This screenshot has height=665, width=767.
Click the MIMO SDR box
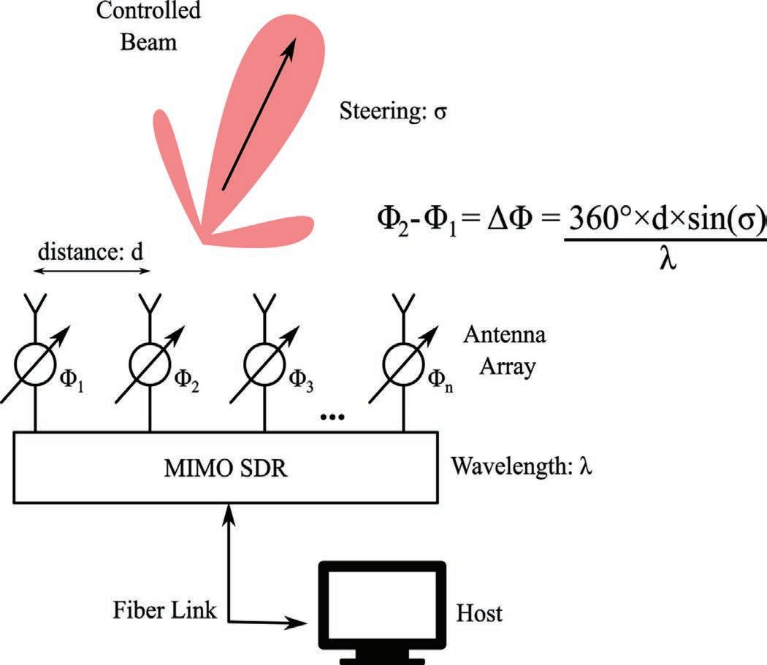click(226, 466)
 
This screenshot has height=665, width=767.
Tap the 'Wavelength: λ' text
click(521, 466)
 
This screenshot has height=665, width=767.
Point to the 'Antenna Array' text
click(505, 350)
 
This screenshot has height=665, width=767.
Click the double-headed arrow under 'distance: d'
click(92, 272)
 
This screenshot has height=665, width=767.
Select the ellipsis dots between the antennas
click(332, 417)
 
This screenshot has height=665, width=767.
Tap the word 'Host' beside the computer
click(479, 612)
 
